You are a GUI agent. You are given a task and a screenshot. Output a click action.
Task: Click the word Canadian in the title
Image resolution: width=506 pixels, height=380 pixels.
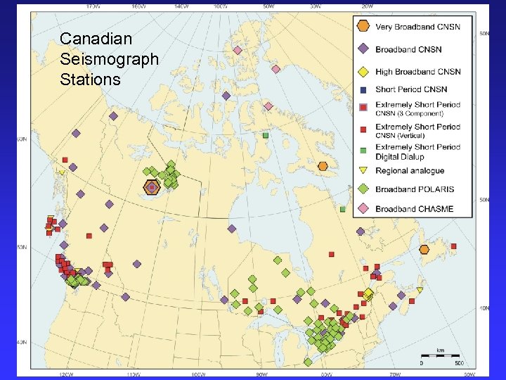coord(86,38)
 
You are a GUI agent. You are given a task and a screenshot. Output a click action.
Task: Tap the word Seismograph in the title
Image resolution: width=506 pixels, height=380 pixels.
coord(110,59)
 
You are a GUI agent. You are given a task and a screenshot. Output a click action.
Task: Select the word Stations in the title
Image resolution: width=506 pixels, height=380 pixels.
coord(90,80)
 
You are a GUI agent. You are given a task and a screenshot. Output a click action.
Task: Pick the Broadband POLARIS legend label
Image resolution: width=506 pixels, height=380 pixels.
coord(415,189)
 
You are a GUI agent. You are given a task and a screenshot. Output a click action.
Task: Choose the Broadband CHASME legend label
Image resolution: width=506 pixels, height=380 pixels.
coord(414,208)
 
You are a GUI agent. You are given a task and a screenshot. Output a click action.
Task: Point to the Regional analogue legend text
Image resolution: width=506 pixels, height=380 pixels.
coord(410,171)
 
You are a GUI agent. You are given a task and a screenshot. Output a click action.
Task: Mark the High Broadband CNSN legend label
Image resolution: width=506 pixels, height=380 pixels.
coord(418,72)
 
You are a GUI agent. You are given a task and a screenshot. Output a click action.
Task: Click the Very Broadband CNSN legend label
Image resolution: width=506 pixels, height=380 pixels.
coord(417,27)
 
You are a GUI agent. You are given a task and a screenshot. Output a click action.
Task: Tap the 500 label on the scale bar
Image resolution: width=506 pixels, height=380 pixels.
coord(458,363)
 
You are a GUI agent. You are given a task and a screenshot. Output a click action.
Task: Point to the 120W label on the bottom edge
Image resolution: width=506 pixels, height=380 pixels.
coord(67,374)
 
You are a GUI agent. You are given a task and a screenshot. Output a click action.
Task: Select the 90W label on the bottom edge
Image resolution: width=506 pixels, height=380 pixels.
coord(261,374)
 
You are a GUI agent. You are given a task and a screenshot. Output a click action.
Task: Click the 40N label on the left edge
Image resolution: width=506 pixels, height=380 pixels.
coord(22,343)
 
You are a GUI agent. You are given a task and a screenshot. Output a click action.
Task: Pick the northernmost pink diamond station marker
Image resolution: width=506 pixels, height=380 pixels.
coord(238,50)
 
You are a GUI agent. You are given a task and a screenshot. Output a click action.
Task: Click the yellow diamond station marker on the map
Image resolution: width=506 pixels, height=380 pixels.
coord(368,293)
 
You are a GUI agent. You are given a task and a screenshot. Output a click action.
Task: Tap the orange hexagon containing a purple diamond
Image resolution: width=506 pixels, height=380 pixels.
coord(152,187)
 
